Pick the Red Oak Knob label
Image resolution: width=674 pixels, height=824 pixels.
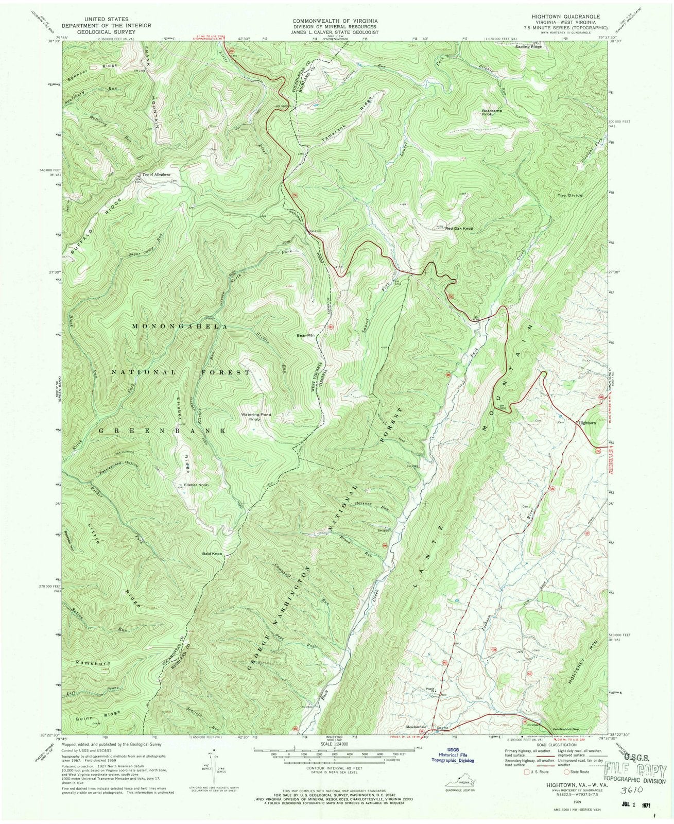click(459, 228)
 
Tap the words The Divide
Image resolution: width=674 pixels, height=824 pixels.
click(582, 196)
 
